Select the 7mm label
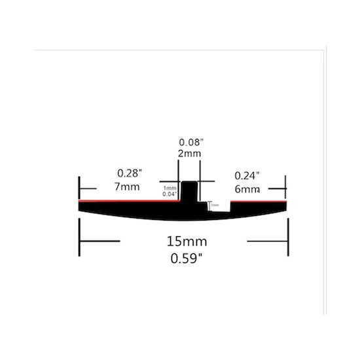click(x=128, y=187)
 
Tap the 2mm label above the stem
click(x=189, y=153)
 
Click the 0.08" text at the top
click(x=189, y=141)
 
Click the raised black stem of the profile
click(x=189, y=191)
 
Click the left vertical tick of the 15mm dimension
click(x=80, y=240)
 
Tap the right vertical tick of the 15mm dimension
click(x=287, y=240)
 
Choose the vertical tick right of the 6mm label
click(x=285, y=186)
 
